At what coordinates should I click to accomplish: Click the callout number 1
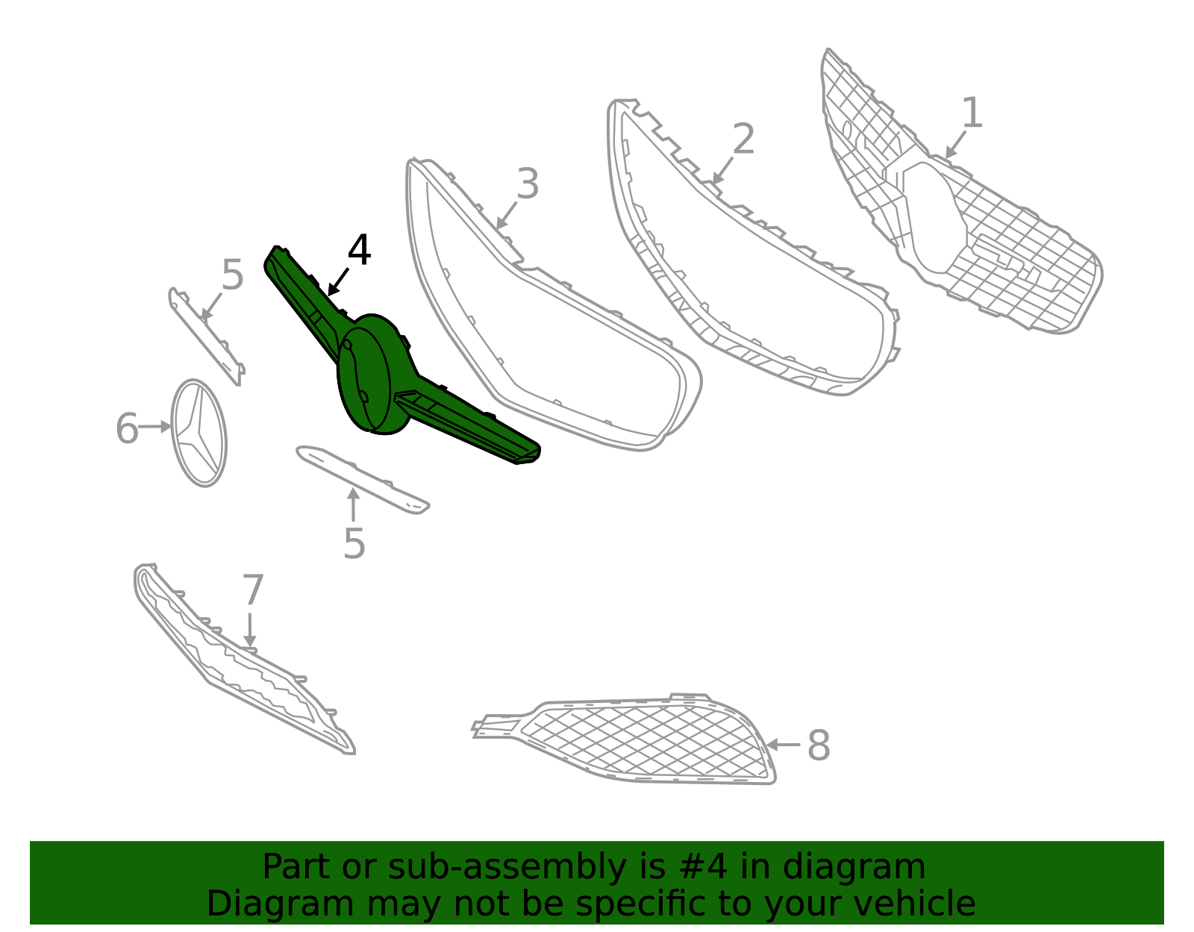click(x=972, y=113)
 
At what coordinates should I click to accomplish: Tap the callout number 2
click(x=743, y=138)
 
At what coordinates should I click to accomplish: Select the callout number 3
click(x=528, y=184)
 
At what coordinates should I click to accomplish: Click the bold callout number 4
click(x=360, y=249)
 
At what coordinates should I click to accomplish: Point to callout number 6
click(x=127, y=428)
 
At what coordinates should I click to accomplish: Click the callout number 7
click(x=253, y=589)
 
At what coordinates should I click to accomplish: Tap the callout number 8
click(x=818, y=745)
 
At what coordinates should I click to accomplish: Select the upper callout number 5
click(x=232, y=275)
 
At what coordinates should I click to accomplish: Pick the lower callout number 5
click(x=354, y=544)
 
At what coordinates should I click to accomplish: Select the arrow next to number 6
click(x=155, y=427)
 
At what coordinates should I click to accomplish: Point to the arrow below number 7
click(x=250, y=630)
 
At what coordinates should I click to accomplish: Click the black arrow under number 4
click(x=338, y=282)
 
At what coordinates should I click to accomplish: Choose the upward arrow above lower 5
click(x=353, y=504)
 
